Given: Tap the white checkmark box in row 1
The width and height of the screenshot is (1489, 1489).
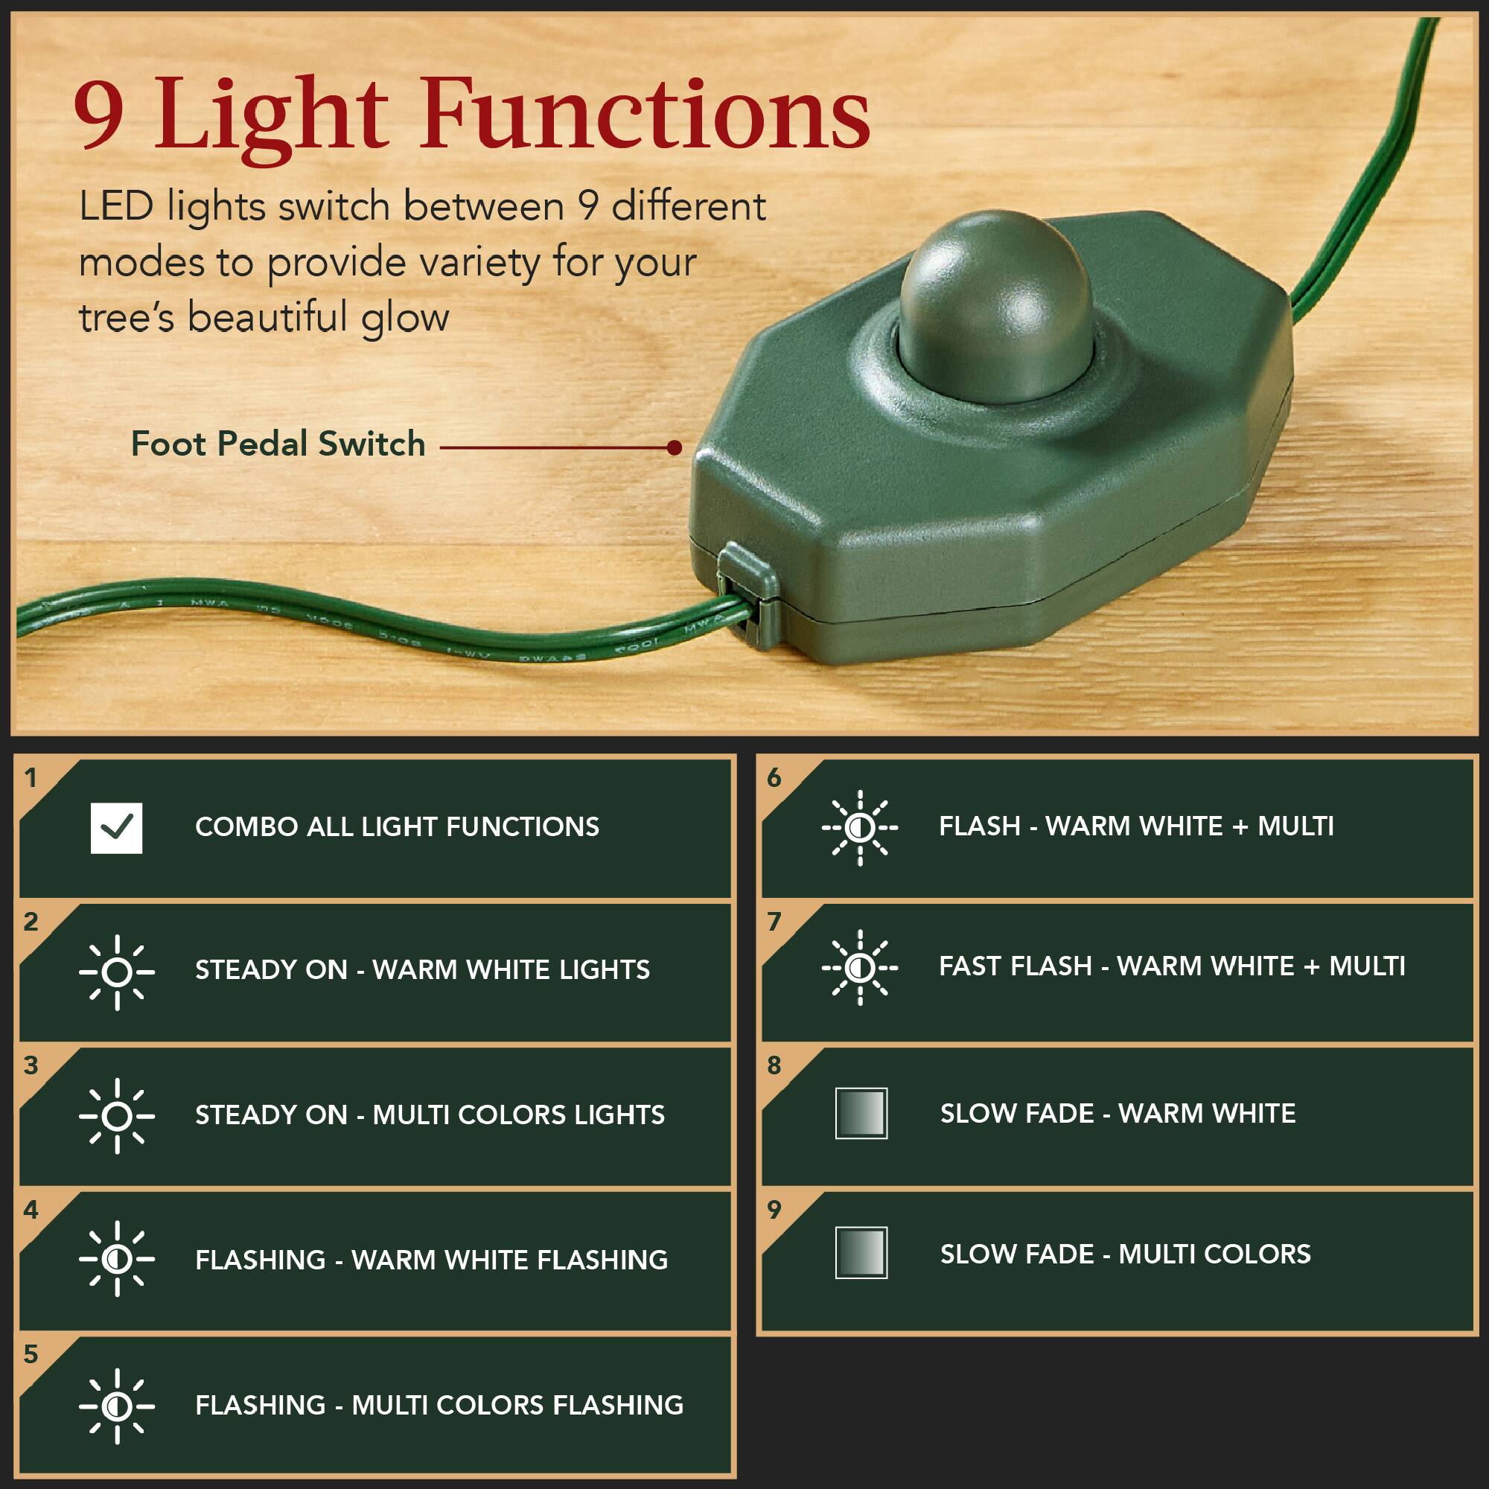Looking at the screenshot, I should pos(116,828).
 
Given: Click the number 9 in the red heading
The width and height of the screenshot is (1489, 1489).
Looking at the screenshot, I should pos(99,115).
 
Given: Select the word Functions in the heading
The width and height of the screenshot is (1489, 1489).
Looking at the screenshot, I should pos(645,115).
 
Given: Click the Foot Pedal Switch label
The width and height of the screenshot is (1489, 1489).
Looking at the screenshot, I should pos(278,444).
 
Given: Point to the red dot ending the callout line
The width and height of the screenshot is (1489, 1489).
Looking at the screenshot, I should pos(675,447).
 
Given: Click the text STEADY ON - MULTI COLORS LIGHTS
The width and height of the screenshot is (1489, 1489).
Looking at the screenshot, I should pos(430,1115).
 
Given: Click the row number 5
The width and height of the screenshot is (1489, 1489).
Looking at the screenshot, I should pos(31,1354).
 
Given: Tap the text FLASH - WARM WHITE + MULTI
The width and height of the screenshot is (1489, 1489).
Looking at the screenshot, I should pos(1136,826).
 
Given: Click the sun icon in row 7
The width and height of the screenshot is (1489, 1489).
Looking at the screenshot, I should pos(859,967).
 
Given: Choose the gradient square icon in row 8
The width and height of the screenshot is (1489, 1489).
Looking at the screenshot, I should pos(861,1113).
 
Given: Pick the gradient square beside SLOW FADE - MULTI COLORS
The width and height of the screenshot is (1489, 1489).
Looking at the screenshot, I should pos(861,1253).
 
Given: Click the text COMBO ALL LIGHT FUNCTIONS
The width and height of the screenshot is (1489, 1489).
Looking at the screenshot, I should pos(397,827).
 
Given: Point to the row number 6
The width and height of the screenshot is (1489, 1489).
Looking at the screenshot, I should pos(774,778).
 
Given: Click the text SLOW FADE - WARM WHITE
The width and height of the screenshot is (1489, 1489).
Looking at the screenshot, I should pos(1117,1114).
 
